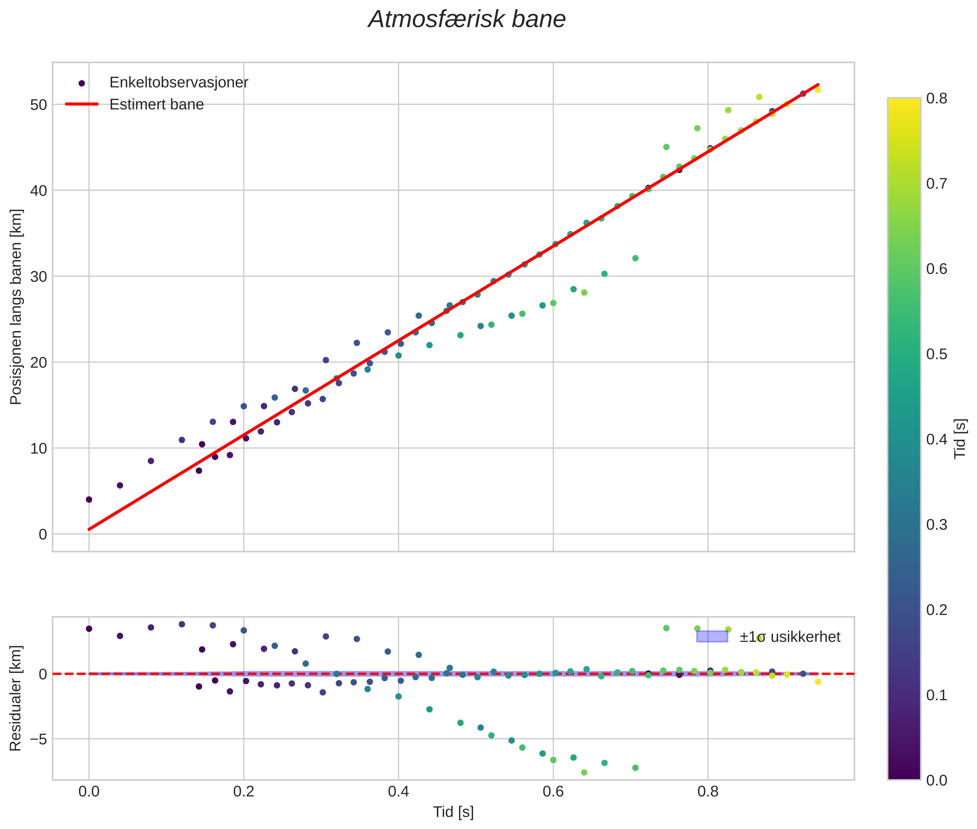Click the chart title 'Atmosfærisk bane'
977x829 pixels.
467,20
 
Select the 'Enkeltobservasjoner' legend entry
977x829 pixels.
178,83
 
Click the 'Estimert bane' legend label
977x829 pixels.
156,104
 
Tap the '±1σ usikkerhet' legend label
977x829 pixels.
790,637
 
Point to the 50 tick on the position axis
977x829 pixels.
38,105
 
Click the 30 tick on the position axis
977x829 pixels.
38,277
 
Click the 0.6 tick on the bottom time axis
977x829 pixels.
553,792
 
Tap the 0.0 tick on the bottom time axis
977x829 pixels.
89,792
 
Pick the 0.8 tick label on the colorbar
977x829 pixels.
936,98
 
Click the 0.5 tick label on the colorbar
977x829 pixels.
936,354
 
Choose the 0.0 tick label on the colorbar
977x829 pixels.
936,780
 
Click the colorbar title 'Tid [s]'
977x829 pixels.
960,438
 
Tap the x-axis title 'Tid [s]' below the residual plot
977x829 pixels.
453,812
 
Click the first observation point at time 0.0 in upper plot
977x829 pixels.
89,499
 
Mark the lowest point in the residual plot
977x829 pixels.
584,772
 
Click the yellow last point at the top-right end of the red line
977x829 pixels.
818,90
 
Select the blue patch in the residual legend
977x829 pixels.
712,637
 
